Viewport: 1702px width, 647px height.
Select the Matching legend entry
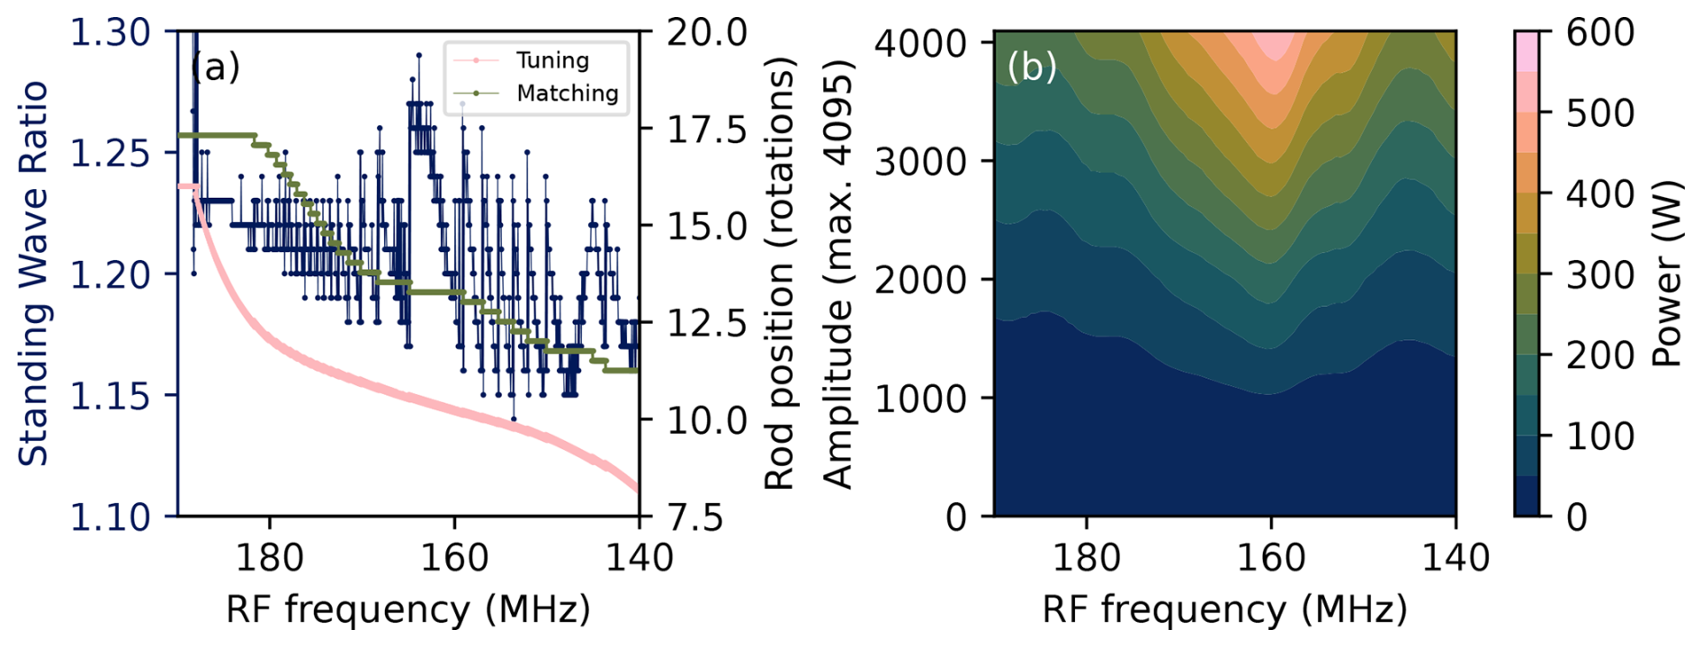click(x=567, y=93)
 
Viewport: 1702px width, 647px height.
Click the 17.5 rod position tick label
click(x=707, y=130)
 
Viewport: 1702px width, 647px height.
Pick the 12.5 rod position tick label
click(x=707, y=324)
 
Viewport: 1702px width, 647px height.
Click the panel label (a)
click(x=216, y=67)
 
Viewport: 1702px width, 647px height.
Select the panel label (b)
click(x=1032, y=67)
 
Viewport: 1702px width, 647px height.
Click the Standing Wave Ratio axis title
click(x=34, y=273)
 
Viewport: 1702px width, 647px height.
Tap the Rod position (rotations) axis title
click(x=780, y=273)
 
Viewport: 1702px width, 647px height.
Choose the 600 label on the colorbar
click(x=1600, y=33)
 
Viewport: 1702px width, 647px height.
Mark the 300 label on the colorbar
click(x=1600, y=274)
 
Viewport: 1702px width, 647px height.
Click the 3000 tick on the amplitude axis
click(x=919, y=161)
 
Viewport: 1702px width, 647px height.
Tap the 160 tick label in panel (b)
click(x=1270, y=558)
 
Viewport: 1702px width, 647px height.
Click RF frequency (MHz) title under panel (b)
click(x=1224, y=609)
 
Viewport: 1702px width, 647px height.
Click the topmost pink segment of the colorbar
click(x=1527, y=49)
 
